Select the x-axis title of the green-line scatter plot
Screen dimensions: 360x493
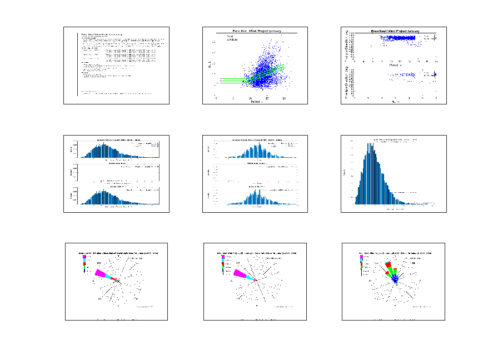[x=256, y=102]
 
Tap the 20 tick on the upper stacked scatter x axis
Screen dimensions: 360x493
[x=436, y=62]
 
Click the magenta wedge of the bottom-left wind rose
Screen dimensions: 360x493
[x=101, y=273]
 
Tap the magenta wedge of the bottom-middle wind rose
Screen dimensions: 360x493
[x=240, y=273]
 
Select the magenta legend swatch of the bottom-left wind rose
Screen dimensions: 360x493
[x=84, y=257]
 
